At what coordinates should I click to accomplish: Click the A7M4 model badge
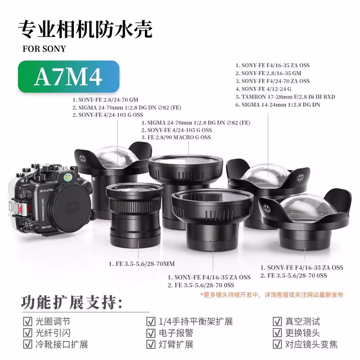[68, 77]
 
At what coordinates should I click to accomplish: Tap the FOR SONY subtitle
[44, 49]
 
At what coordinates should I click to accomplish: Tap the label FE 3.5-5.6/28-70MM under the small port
[141, 263]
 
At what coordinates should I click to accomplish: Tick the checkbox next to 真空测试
[277, 322]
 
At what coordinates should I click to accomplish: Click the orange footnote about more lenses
[272, 295]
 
